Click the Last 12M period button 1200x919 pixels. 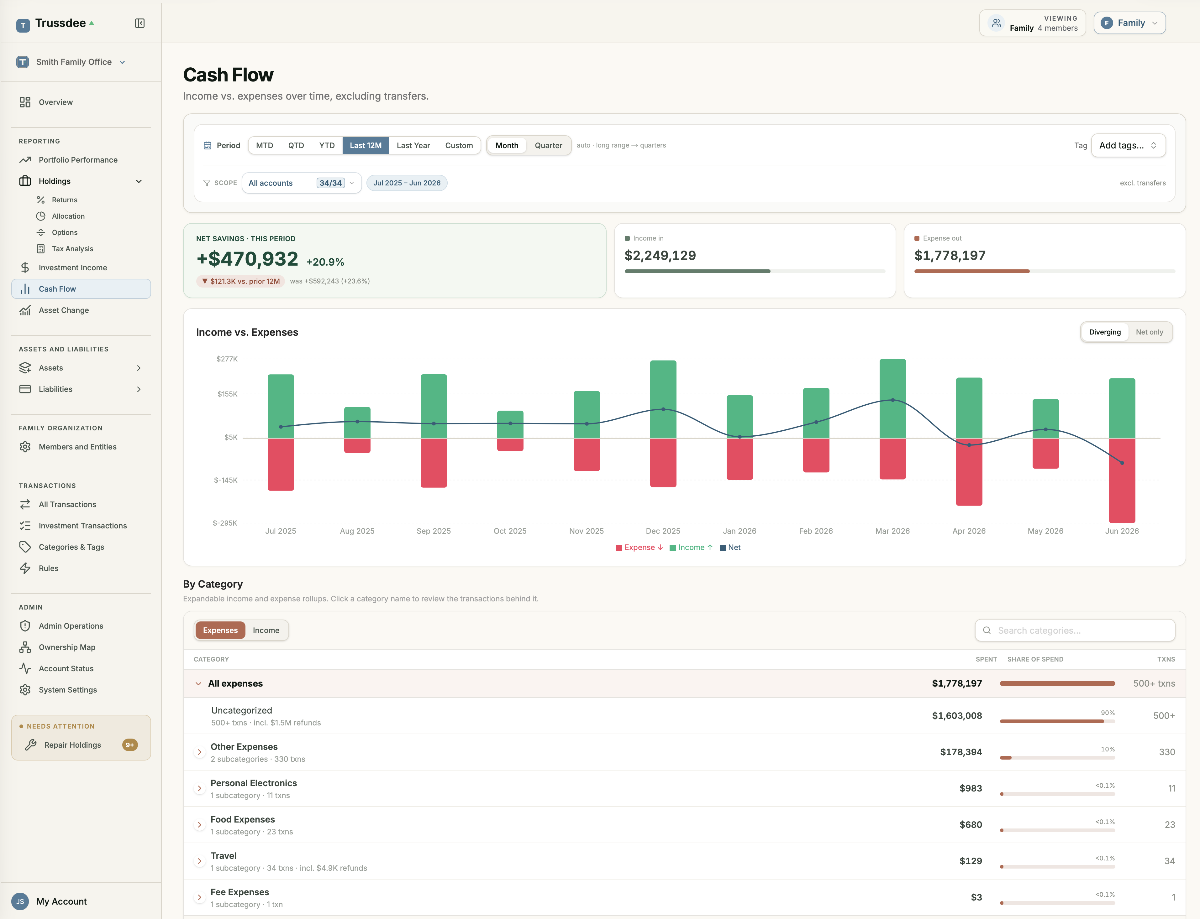pos(366,146)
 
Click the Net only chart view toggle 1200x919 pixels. pos(1149,332)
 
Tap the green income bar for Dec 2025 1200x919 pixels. pos(663,399)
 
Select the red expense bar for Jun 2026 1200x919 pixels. pos(1122,480)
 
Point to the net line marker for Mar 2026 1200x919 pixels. pos(892,400)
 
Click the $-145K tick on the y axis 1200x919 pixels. pos(225,480)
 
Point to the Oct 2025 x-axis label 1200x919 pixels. pos(510,531)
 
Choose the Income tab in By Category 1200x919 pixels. pos(266,630)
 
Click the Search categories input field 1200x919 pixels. pos(1075,630)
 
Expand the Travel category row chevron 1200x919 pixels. pos(199,861)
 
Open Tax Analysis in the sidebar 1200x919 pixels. pos(72,249)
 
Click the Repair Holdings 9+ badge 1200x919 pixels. pos(130,745)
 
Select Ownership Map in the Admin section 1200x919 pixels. pos(67,647)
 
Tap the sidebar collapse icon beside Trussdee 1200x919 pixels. pos(139,23)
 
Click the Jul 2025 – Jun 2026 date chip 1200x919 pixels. pos(407,183)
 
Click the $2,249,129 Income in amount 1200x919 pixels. pos(660,256)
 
